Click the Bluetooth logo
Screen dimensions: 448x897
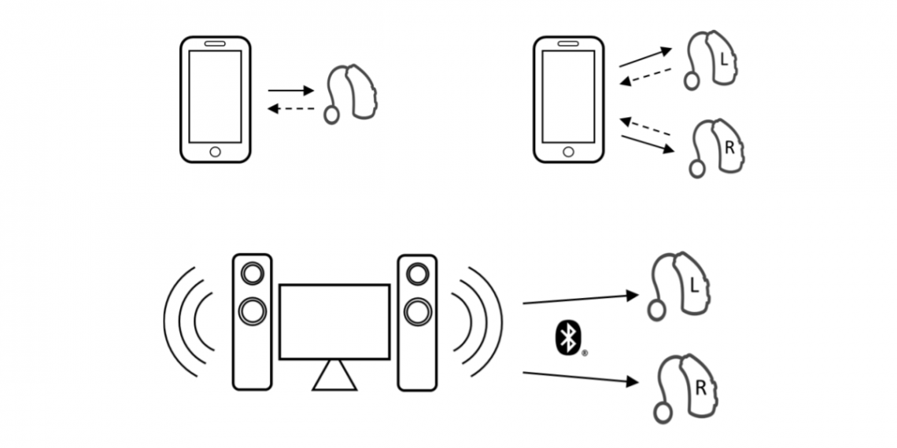tap(566, 338)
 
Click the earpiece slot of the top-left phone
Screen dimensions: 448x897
tap(215, 44)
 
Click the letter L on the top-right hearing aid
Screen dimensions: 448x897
tap(725, 59)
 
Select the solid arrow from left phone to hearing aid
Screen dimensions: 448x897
tap(290, 90)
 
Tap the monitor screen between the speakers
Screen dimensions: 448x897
tap(334, 321)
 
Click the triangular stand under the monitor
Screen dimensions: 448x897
tap(335, 376)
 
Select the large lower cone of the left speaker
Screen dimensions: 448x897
tap(253, 311)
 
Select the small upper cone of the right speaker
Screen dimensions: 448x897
tap(417, 274)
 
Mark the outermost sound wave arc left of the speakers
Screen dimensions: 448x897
tap(168, 321)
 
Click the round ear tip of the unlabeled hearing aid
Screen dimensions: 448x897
tap(331, 115)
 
